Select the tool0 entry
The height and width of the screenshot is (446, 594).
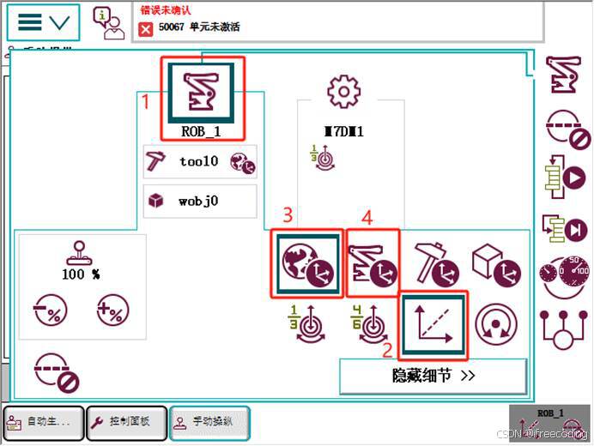tap(200, 161)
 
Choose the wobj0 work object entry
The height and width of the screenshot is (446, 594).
tap(200, 202)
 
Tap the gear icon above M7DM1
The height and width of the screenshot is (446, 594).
tap(342, 90)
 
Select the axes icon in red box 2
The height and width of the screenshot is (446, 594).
tap(434, 325)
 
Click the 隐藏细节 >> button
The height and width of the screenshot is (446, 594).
tap(433, 376)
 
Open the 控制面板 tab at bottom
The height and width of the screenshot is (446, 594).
tap(128, 422)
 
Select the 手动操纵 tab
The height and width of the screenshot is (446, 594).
tap(210, 422)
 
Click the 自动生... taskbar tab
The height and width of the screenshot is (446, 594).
tap(44, 422)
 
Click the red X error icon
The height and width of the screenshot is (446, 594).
tap(146, 29)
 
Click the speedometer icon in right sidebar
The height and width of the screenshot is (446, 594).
tap(564, 275)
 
